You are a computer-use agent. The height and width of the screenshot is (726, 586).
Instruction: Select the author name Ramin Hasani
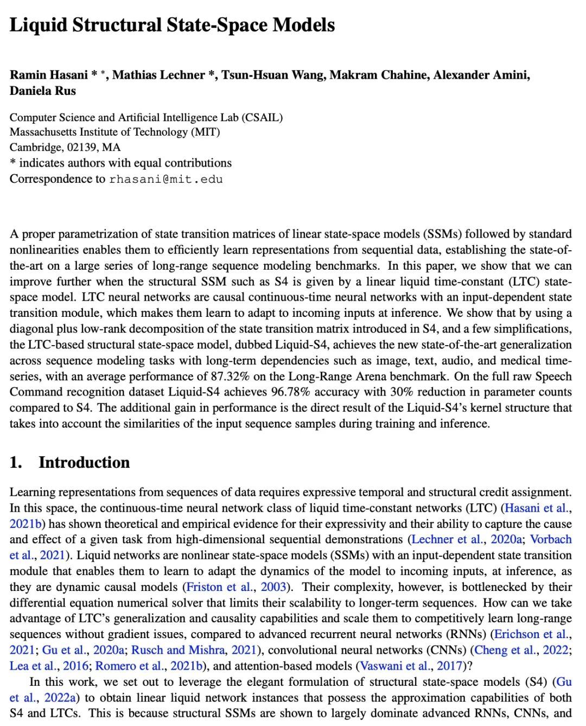tap(49, 75)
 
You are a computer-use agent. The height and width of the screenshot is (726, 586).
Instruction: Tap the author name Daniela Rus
tap(42, 91)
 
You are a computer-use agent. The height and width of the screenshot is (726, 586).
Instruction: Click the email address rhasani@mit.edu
tap(166, 179)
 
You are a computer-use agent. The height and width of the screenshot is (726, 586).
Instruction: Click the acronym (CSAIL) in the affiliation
tap(263, 117)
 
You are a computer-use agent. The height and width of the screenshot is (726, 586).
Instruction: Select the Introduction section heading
tap(84, 462)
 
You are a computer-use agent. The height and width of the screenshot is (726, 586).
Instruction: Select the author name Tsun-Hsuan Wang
tap(273, 75)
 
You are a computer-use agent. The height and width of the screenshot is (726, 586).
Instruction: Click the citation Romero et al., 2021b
tap(146, 666)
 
